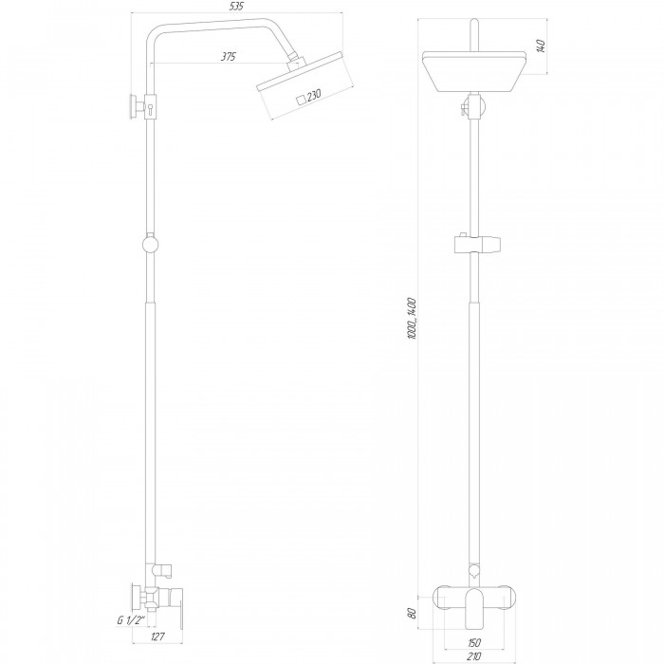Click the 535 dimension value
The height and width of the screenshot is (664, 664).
click(x=237, y=7)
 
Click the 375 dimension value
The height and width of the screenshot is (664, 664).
click(x=229, y=56)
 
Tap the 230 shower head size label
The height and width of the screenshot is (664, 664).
click(x=314, y=95)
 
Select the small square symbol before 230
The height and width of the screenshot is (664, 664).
click(x=301, y=100)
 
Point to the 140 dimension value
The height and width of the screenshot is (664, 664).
click(x=541, y=46)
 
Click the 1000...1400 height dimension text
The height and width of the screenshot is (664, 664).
click(x=412, y=318)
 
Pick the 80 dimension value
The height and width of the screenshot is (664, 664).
click(x=412, y=613)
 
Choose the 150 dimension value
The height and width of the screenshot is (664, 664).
click(x=474, y=643)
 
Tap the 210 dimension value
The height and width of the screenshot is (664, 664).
click(x=474, y=656)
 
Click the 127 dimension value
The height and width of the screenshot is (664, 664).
click(x=157, y=636)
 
